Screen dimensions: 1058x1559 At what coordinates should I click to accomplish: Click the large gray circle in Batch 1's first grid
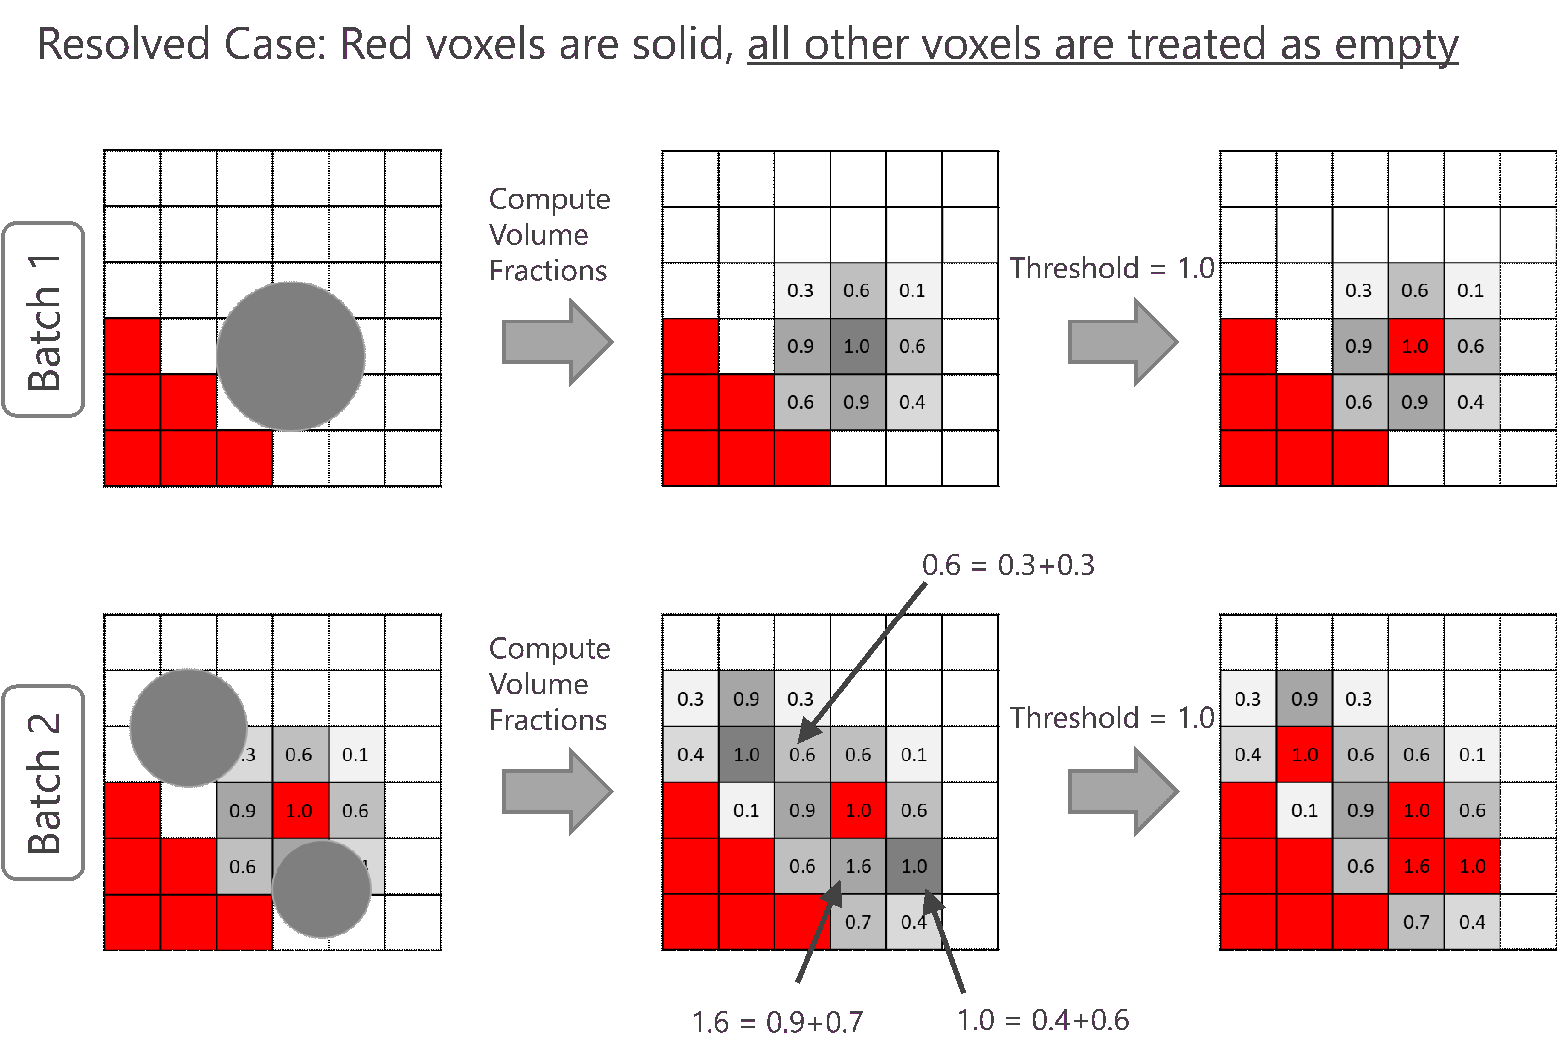(x=291, y=356)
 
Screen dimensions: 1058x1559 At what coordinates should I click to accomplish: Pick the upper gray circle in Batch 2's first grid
(x=188, y=727)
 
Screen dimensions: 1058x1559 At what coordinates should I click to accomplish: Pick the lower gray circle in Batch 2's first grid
(x=321, y=889)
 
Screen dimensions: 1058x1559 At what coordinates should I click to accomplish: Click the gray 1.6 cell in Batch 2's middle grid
(x=858, y=866)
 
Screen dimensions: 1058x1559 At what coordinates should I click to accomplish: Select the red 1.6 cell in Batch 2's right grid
(x=1416, y=866)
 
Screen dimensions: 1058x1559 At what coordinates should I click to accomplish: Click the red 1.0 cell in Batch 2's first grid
(x=299, y=811)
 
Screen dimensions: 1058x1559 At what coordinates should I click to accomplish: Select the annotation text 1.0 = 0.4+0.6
(x=1043, y=1020)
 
